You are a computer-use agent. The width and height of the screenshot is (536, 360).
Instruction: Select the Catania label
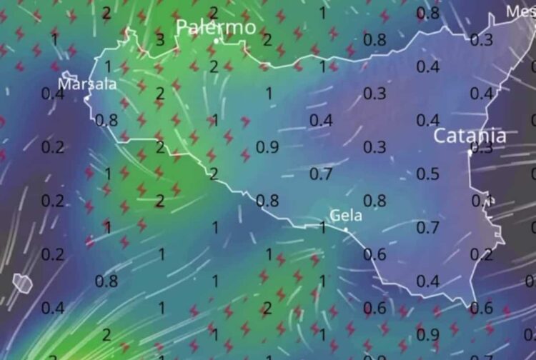point(471,135)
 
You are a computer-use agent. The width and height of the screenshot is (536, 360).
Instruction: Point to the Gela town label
point(346,215)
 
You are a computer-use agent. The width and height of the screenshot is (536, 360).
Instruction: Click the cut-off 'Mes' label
point(520,11)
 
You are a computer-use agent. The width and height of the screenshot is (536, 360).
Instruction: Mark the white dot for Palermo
point(217,41)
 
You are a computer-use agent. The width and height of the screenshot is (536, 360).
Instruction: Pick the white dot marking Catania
point(470,152)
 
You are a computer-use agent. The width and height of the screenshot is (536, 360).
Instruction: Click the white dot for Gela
point(346,229)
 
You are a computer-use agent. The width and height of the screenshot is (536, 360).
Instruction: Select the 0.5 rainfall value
point(427,174)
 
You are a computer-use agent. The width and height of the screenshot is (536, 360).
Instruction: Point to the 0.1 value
point(482,201)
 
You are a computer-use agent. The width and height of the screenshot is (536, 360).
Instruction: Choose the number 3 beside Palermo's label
point(160,39)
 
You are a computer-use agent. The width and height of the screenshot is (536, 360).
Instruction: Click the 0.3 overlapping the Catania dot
point(482,148)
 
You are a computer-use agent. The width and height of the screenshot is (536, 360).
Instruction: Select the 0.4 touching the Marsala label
point(51,94)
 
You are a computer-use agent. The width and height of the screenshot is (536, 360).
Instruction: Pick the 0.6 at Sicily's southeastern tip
point(482,308)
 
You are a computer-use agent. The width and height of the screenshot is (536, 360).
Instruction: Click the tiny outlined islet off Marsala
point(69,75)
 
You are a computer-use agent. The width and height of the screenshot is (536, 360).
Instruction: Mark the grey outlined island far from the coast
point(22,282)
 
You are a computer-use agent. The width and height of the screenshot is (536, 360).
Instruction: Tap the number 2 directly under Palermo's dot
point(214,66)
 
